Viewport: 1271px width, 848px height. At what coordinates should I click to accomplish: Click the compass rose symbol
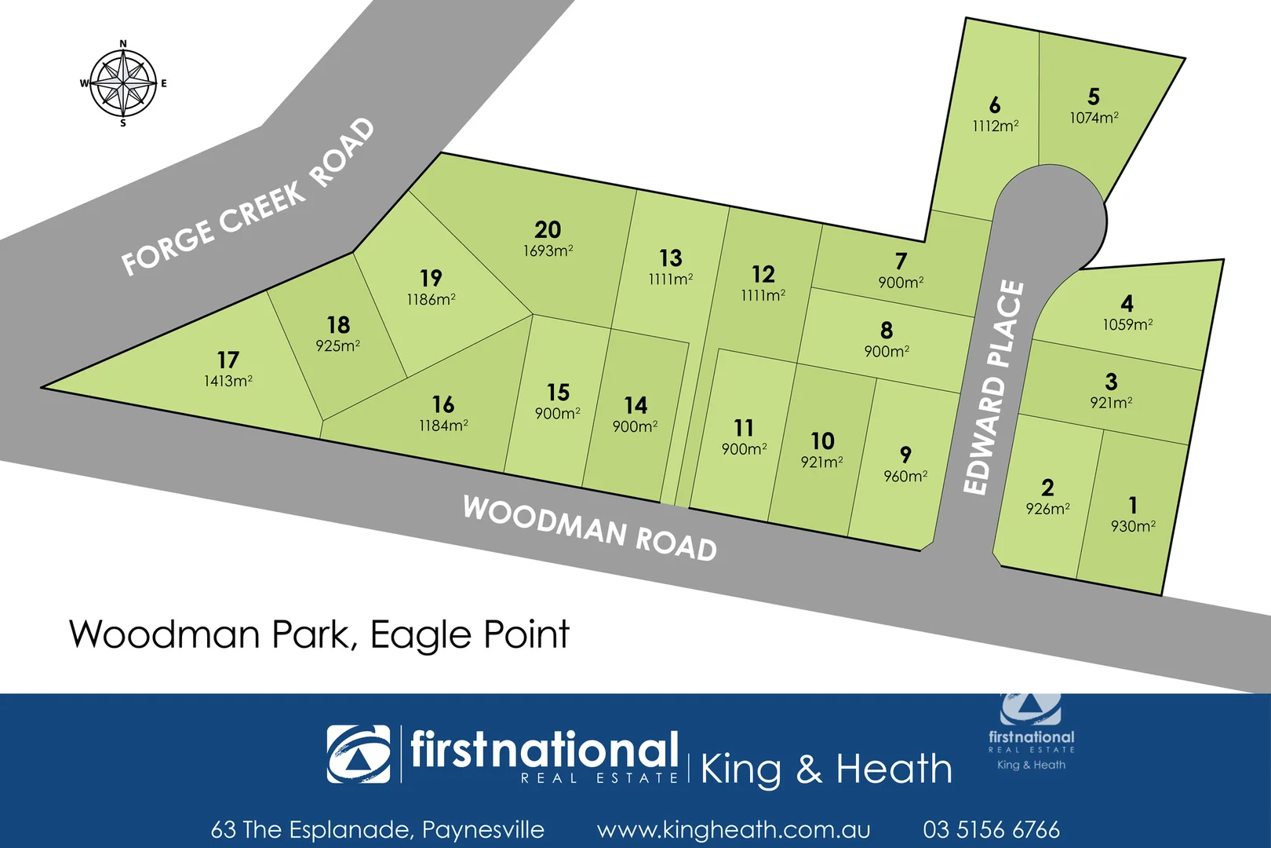(x=122, y=83)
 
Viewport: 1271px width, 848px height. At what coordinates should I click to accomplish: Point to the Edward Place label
(x=994, y=388)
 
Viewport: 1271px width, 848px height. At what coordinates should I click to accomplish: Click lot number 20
(x=548, y=229)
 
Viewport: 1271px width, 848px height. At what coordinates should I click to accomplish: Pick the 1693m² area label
(x=548, y=251)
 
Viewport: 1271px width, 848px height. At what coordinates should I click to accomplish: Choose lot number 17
(x=228, y=360)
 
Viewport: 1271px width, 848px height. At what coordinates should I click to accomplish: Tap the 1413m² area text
(x=228, y=382)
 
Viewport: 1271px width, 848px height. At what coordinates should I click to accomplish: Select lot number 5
(x=1094, y=97)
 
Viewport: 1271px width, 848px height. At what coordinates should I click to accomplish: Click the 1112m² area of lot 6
(x=995, y=126)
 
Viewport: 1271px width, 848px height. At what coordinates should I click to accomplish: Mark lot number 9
(x=905, y=454)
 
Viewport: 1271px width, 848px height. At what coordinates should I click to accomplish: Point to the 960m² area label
(x=905, y=477)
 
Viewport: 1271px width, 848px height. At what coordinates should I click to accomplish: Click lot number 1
(x=1132, y=504)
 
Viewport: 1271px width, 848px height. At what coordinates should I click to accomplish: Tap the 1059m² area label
(x=1127, y=324)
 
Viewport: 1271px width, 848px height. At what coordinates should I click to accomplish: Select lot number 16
(x=443, y=404)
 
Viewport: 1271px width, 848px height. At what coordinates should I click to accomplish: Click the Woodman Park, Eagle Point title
(x=319, y=634)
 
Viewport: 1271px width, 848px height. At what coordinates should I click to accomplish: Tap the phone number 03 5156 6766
(x=991, y=829)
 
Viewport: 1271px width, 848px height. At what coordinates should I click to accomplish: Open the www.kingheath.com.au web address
(x=734, y=829)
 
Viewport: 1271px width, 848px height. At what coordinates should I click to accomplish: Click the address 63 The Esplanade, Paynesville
(x=377, y=829)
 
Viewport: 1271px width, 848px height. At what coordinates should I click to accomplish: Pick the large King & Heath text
(x=825, y=769)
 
